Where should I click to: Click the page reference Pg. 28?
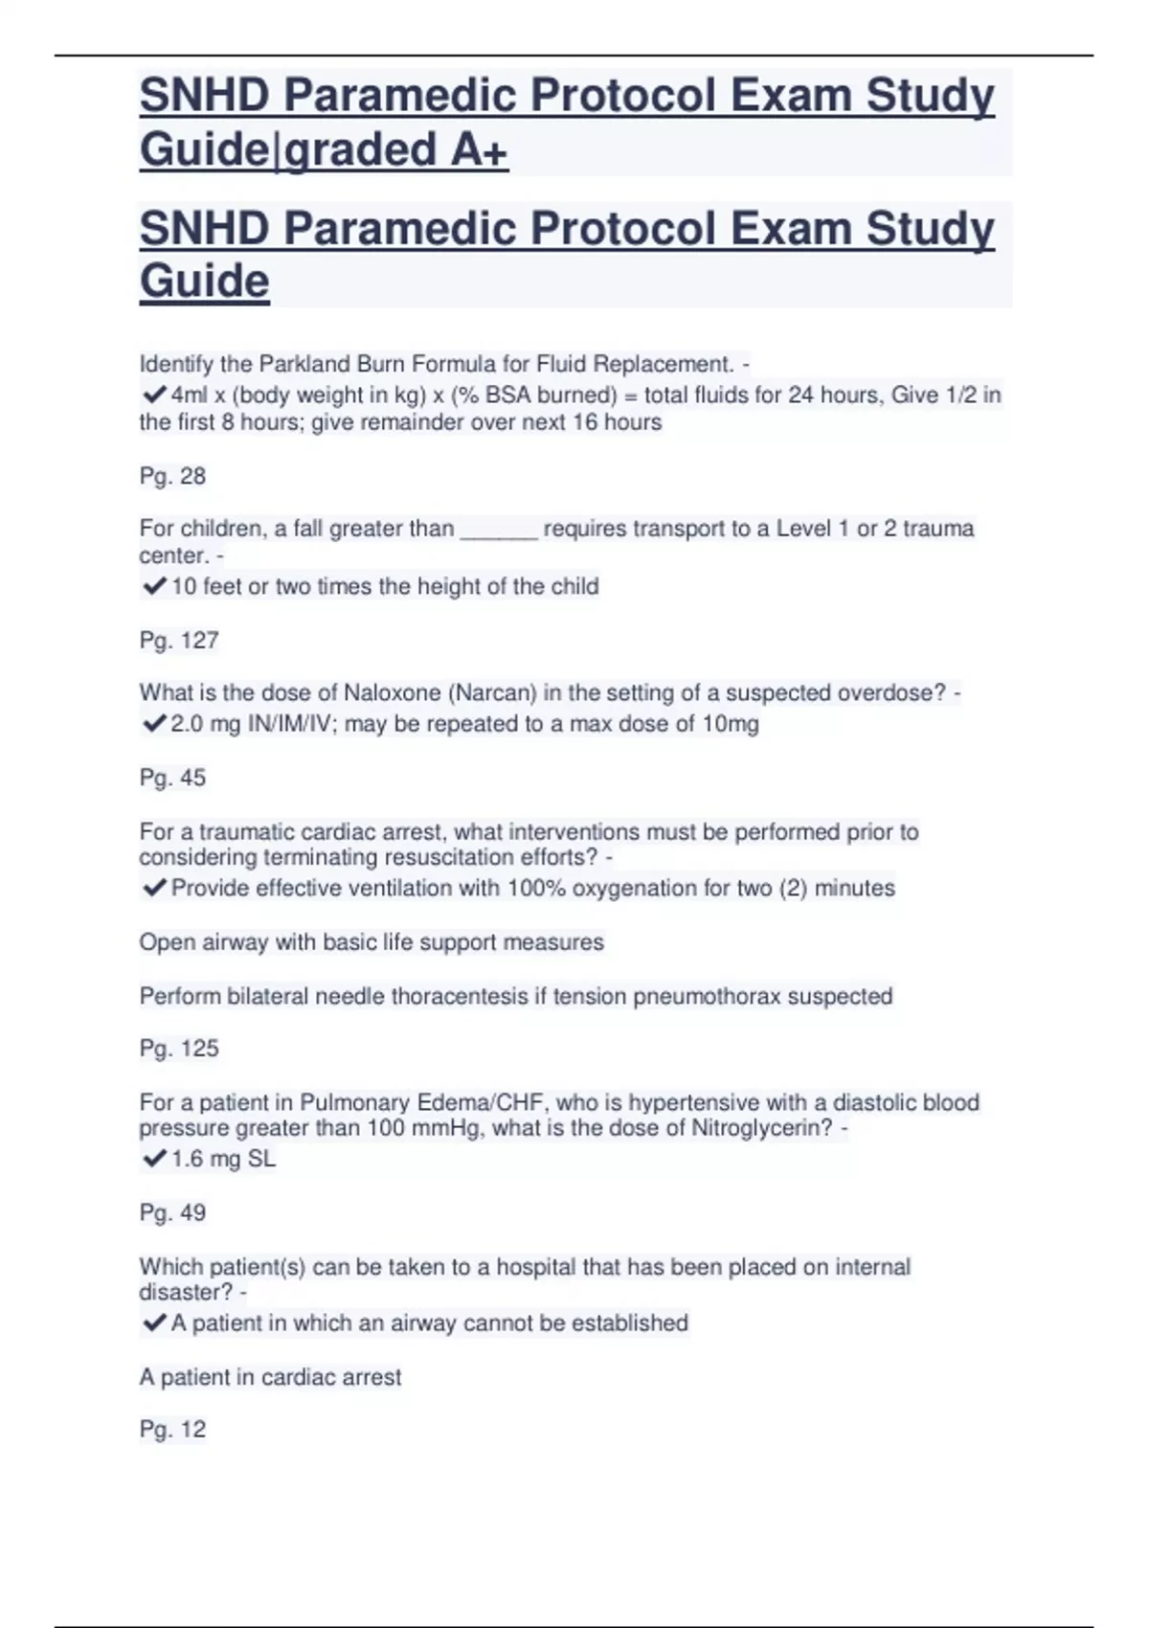(x=172, y=476)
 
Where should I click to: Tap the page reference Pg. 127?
(x=179, y=640)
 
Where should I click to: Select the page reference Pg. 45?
(x=172, y=778)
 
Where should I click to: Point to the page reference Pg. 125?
(x=179, y=1049)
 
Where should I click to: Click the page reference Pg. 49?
(x=172, y=1212)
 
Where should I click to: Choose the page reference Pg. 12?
(x=172, y=1430)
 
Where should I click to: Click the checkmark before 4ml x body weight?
(x=153, y=395)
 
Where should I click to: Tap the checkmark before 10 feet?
(x=153, y=586)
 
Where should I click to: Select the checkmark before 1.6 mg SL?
(x=153, y=1159)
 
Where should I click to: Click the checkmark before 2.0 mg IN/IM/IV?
(x=153, y=724)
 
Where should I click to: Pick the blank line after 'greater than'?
(x=499, y=530)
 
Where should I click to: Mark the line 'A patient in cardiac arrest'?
(x=270, y=1377)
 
